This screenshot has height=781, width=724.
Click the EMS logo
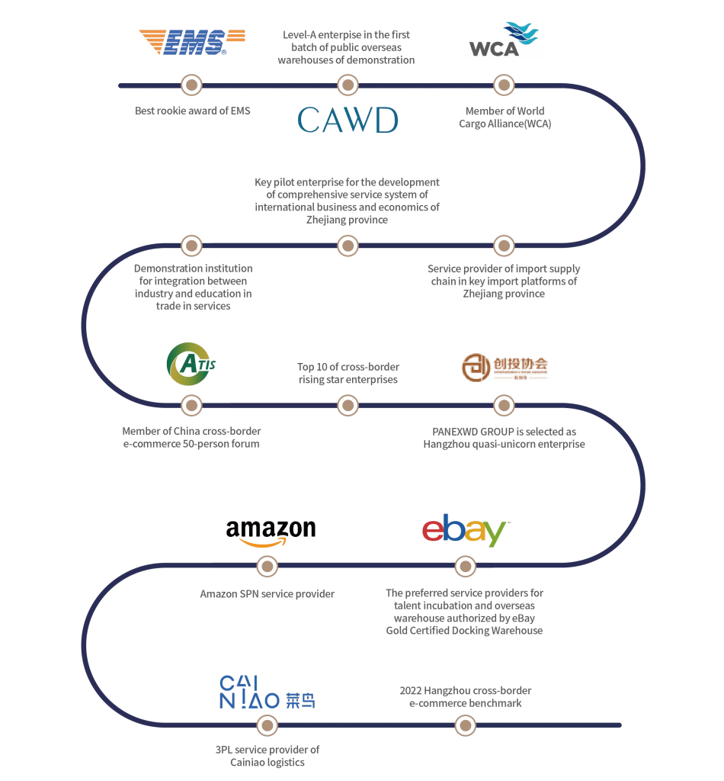191,42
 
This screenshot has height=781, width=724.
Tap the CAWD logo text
348,120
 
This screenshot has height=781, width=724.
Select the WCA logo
503,41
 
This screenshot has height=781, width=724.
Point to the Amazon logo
271,532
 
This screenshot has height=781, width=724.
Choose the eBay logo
465,530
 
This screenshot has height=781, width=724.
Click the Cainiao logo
267,693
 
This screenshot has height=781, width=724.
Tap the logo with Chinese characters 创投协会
503,367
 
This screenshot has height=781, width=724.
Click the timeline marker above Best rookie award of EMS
191,84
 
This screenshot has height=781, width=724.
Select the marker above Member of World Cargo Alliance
502,84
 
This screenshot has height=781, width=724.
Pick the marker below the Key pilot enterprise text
348,245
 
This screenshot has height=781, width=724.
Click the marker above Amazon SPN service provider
267,566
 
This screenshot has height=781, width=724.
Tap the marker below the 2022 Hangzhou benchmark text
465,725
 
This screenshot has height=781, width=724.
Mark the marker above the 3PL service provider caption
267,725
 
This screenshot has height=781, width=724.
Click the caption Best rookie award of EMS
193,111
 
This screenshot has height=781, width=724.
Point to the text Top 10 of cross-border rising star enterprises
348,373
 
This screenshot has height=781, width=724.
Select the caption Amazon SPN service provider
267,593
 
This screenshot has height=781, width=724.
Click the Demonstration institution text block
193,288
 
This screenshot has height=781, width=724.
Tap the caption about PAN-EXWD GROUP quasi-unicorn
504,437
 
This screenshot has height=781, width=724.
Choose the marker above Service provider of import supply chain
502,245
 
